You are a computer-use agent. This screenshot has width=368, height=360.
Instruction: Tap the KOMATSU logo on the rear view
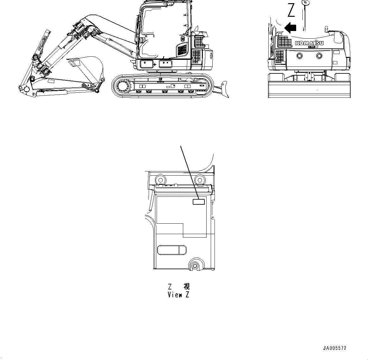309,43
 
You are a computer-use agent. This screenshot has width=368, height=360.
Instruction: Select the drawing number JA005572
334,348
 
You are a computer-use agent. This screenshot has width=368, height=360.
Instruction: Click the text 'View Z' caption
178,295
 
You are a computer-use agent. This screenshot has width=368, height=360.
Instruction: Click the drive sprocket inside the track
122,85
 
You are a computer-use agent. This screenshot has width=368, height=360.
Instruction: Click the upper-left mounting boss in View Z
160,179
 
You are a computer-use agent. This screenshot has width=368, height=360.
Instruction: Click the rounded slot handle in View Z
172,250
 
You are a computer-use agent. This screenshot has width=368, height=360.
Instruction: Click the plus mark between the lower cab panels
155,65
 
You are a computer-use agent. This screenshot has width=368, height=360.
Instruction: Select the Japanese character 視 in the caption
186,287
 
